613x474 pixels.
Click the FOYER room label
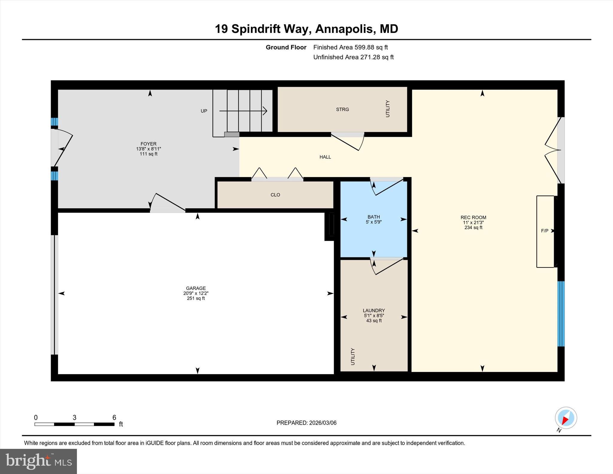pyautogui.click(x=148, y=144)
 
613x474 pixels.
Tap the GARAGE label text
pyautogui.click(x=196, y=288)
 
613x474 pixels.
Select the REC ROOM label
pyautogui.click(x=473, y=217)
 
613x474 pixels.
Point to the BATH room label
pyautogui.click(x=374, y=217)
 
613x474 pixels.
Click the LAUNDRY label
pyautogui.click(x=374, y=311)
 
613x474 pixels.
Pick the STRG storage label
pyautogui.click(x=342, y=110)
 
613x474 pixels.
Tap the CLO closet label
pyautogui.click(x=275, y=195)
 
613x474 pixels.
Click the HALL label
pyautogui.click(x=325, y=157)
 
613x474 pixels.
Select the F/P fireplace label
pyautogui.click(x=544, y=231)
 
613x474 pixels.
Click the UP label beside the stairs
pyautogui.click(x=204, y=111)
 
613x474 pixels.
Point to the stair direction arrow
pyautogui.click(x=243, y=111)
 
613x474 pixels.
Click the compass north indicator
pyautogui.click(x=566, y=418)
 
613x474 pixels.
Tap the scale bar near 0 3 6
pyautogui.click(x=74, y=424)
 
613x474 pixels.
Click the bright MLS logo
pyautogui.click(x=38, y=461)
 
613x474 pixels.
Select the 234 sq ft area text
pyautogui.click(x=473, y=228)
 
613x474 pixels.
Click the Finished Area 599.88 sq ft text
pyautogui.click(x=350, y=47)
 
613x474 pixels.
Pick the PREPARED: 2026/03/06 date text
pyautogui.click(x=306, y=423)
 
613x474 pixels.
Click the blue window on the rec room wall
pyautogui.click(x=561, y=314)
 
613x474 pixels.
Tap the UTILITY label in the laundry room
pyautogui.click(x=353, y=356)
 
